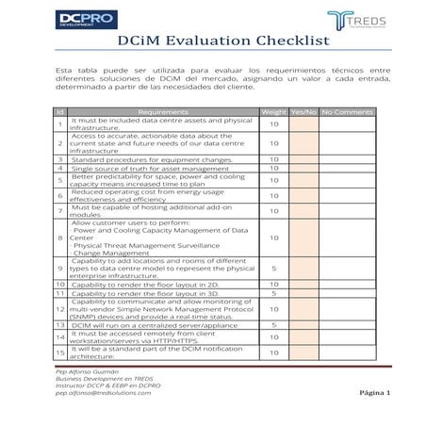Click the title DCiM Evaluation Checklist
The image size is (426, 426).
pyautogui.click(x=212, y=41)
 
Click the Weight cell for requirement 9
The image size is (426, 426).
pyautogui.click(x=273, y=268)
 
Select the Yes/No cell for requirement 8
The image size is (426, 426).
pyautogui.click(x=303, y=238)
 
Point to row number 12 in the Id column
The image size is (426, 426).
pyautogui.click(x=60, y=308)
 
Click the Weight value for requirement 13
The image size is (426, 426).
pyautogui.click(x=273, y=325)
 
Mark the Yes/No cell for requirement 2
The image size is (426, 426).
pyautogui.click(x=303, y=143)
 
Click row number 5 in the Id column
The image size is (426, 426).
pyautogui.click(x=60, y=179)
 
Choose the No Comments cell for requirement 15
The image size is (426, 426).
pyautogui.click(x=348, y=352)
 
